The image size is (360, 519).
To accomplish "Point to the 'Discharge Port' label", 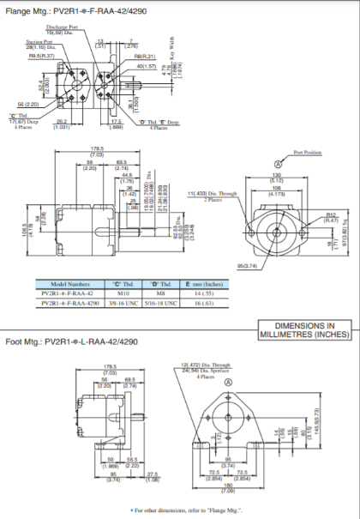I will pyautogui.click(x=63, y=27).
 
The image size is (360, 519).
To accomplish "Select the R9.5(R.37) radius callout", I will pyautogui.click(x=40, y=55).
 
